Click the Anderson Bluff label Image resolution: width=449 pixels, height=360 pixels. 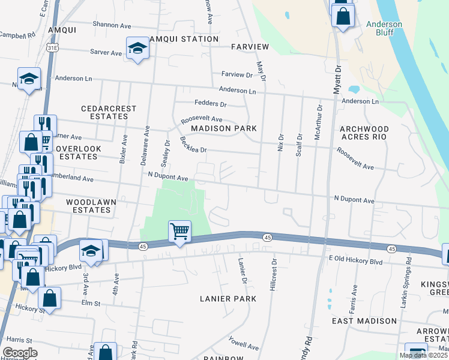tap(384, 28)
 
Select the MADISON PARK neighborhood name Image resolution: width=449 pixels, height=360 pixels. tap(224, 128)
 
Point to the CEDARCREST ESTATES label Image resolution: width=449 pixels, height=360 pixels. tap(109, 113)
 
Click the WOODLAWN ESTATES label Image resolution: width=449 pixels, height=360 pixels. tap(88, 206)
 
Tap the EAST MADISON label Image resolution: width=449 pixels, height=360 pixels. tap(364, 321)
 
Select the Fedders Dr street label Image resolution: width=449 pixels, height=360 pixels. tap(209, 104)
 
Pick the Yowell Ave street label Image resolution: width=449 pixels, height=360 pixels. tap(243, 344)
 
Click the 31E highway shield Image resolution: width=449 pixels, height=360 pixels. tap(53, 53)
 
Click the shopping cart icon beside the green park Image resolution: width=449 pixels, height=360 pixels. tap(179, 231)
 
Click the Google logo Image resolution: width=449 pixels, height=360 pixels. tap(20, 353)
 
